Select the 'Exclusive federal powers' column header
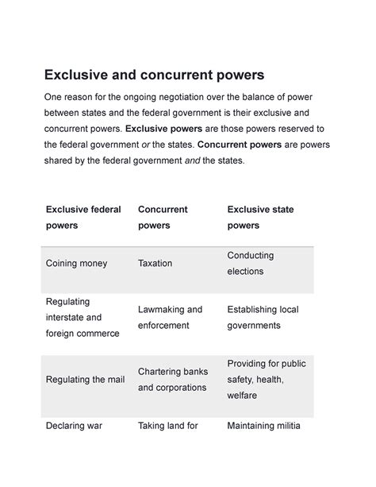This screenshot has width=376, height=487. click(x=83, y=217)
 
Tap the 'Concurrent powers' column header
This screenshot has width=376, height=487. click(x=163, y=217)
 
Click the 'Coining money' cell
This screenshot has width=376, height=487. click(x=77, y=263)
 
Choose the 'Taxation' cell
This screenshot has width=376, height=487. click(x=155, y=263)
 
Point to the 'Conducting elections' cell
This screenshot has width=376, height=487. click(x=250, y=263)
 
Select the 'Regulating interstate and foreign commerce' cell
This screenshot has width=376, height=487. click(x=82, y=317)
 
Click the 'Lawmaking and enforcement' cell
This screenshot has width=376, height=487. click(x=170, y=317)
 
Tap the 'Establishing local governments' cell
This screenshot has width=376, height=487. click(x=263, y=317)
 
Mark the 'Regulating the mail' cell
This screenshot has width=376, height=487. click(x=85, y=379)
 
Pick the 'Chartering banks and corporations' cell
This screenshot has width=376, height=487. click(x=172, y=379)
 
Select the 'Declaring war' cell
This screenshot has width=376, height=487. click(x=74, y=425)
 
